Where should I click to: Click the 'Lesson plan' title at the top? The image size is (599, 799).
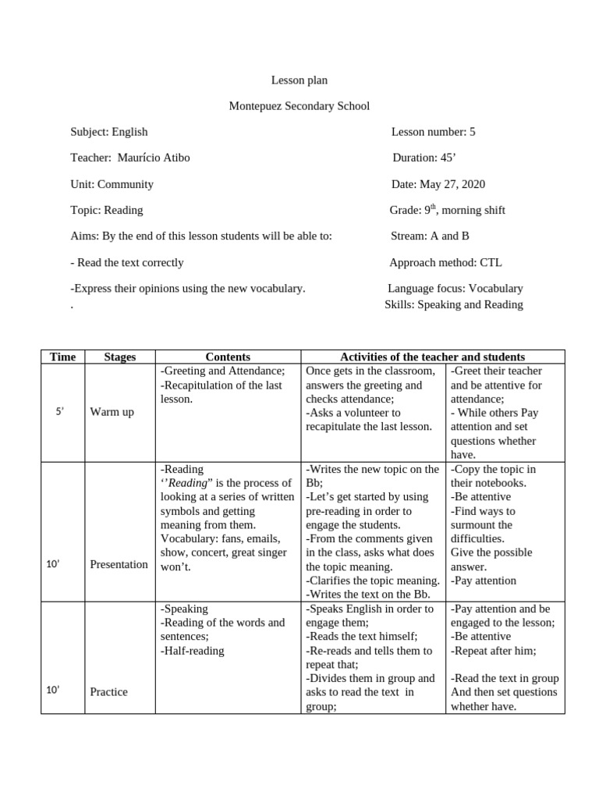(299, 80)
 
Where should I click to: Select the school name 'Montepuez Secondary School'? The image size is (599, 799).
(299, 105)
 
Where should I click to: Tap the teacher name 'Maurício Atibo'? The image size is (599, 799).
(154, 158)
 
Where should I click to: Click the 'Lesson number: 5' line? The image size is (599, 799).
(433, 132)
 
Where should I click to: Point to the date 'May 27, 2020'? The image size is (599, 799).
(452, 184)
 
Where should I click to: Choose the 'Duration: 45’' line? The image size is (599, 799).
(424, 158)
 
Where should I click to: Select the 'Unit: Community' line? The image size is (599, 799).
(112, 184)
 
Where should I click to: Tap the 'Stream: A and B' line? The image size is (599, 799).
(430, 236)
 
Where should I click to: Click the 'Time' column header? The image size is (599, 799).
(62, 357)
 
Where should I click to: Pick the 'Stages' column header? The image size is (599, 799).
(119, 357)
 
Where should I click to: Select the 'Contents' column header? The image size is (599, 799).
(228, 357)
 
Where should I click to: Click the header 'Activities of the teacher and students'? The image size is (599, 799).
(432, 357)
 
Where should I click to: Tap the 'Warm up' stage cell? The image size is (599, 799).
(112, 411)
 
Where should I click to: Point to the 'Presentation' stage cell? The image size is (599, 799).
(119, 564)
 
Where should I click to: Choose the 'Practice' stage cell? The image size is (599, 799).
(108, 691)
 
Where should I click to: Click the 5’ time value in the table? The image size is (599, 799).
(59, 410)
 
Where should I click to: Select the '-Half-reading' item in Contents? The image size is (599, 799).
(192, 651)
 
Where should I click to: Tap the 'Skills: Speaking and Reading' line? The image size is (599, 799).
(454, 304)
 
